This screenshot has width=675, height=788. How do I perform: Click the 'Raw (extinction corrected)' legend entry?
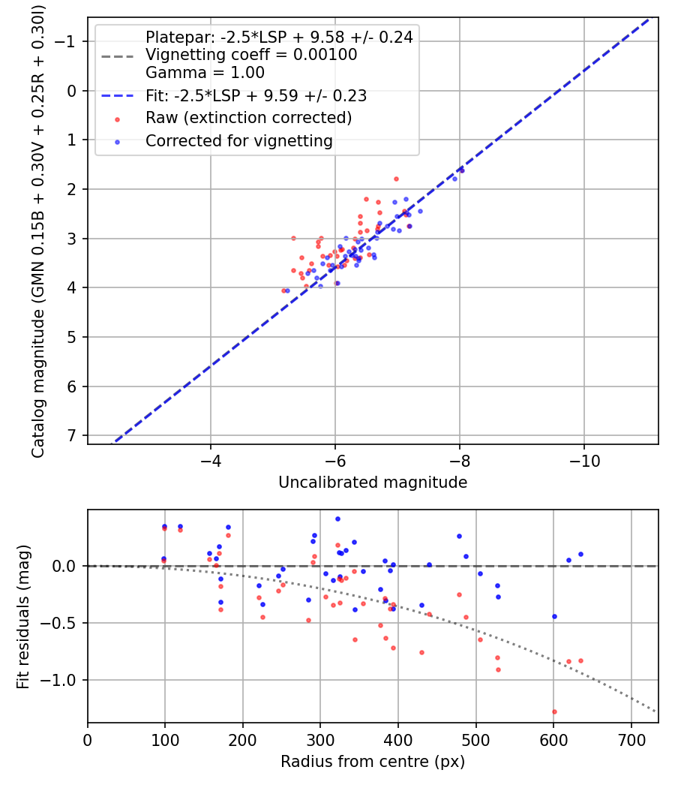point(248,118)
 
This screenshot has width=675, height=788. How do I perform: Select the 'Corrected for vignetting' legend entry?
point(238,140)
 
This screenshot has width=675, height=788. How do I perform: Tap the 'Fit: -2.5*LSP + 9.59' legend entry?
point(256,96)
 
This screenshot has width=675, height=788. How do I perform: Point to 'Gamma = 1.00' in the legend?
point(205,74)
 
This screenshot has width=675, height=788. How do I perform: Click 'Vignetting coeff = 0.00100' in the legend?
point(250,55)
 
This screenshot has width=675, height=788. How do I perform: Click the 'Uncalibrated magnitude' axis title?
point(373,483)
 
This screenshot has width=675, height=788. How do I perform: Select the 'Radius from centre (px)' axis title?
point(373,762)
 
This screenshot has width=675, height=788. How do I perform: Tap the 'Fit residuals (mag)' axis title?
point(23,616)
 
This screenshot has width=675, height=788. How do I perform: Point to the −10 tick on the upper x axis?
point(583,459)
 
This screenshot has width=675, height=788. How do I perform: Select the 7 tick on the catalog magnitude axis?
point(73,436)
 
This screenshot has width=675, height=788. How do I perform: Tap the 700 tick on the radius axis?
point(631,738)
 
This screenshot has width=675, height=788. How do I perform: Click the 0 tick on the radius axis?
point(88,738)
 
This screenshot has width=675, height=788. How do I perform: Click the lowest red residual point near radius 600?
point(554,711)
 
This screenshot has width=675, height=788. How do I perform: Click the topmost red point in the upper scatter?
point(396,179)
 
